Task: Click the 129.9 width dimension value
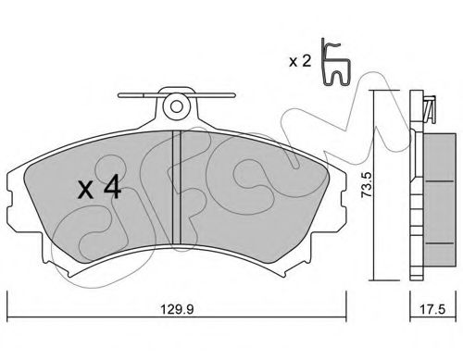click(x=177, y=309)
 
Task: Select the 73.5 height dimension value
click(x=367, y=185)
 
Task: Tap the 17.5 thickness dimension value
click(x=432, y=309)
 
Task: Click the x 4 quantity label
click(x=99, y=186)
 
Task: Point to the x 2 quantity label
click(x=300, y=62)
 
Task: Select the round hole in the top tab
click(x=177, y=107)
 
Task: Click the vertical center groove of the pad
click(x=176, y=188)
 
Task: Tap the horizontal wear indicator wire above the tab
click(x=177, y=95)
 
